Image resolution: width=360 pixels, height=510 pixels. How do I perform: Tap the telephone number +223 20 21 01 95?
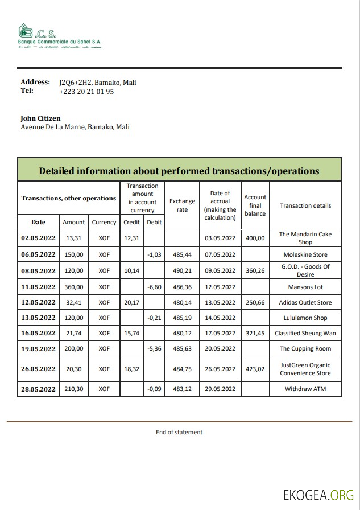click(86, 91)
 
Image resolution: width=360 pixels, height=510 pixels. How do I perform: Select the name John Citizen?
click(40, 118)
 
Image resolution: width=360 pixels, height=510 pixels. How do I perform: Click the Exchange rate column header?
click(182, 205)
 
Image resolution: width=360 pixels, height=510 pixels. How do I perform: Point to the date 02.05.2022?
click(38, 238)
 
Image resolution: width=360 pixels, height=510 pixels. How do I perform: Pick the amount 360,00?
click(74, 287)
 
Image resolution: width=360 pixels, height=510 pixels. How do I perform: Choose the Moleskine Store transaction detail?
click(305, 255)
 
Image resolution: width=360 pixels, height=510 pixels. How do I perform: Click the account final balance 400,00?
click(255, 238)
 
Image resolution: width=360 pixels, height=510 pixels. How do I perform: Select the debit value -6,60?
click(154, 287)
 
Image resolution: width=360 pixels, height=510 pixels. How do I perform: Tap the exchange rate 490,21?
click(182, 271)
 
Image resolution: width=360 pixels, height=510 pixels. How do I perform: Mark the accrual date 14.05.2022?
click(220, 318)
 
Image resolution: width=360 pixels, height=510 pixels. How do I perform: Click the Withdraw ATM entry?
click(305, 389)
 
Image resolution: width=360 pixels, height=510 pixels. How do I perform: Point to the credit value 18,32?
click(132, 369)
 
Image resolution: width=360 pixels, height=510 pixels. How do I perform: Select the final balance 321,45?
click(255, 334)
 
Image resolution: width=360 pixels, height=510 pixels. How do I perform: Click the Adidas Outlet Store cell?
click(305, 303)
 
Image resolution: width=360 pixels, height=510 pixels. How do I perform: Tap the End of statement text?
click(179, 433)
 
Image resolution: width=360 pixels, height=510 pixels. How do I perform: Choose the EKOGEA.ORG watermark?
click(318, 495)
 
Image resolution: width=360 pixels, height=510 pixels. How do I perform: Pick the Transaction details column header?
click(305, 205)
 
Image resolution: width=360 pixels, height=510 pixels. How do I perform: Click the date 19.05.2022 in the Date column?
click(38, 349)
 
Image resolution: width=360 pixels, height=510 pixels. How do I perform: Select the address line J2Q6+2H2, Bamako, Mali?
click(97, 82)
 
